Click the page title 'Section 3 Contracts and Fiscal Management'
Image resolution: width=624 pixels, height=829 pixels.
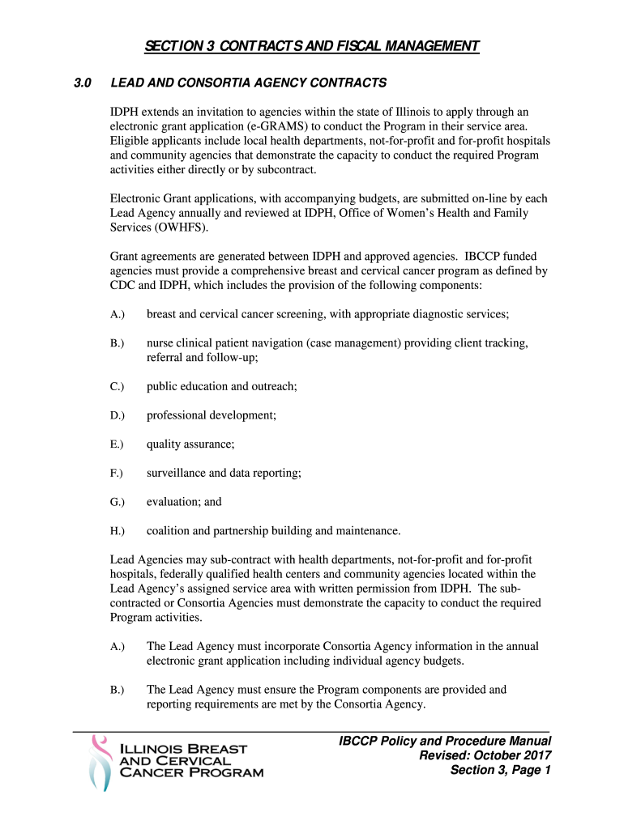pyautogui.click(x=312, y=46)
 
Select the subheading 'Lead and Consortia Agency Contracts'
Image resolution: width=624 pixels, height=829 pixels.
pyautogui.click(x=248, y=83)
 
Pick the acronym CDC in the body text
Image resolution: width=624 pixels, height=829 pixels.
pyautogui.click(x=126, y=286)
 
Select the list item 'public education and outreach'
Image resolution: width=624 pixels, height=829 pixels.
pyautogui.click(x=221, y=386)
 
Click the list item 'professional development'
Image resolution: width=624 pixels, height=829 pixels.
pyautogui.click(x=211, y=415)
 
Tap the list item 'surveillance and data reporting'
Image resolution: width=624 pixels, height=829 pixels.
pyautogui.click(x=223, y=474)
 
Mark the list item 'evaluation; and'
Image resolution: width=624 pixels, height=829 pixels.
pyautogui.click(x=183, y=502)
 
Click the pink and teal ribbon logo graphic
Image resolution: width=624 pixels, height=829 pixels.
pyautogui.click(x=100, y=762)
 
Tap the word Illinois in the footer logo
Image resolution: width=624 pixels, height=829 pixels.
pyautogui.click(x=152, y=748)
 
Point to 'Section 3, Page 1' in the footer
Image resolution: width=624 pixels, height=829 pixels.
pyautogui.click(x=500, y=770)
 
